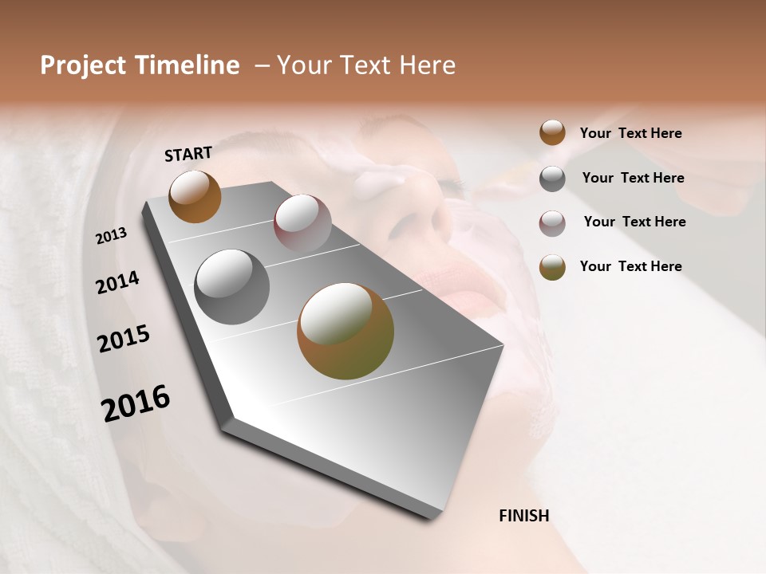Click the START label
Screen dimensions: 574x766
188,154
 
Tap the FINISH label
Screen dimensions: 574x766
523,516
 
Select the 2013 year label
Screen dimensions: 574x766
111,236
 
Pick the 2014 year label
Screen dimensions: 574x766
117,283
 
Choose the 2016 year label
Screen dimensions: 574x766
136,403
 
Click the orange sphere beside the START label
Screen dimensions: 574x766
195,196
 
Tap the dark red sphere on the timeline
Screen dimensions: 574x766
302,222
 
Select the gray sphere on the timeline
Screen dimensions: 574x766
231,286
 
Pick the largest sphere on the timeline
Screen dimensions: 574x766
345,331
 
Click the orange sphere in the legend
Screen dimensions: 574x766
552,133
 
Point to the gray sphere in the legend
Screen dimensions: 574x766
552,179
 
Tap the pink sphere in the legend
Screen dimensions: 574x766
552,223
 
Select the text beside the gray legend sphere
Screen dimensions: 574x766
633,178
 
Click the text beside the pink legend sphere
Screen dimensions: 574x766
634,222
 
